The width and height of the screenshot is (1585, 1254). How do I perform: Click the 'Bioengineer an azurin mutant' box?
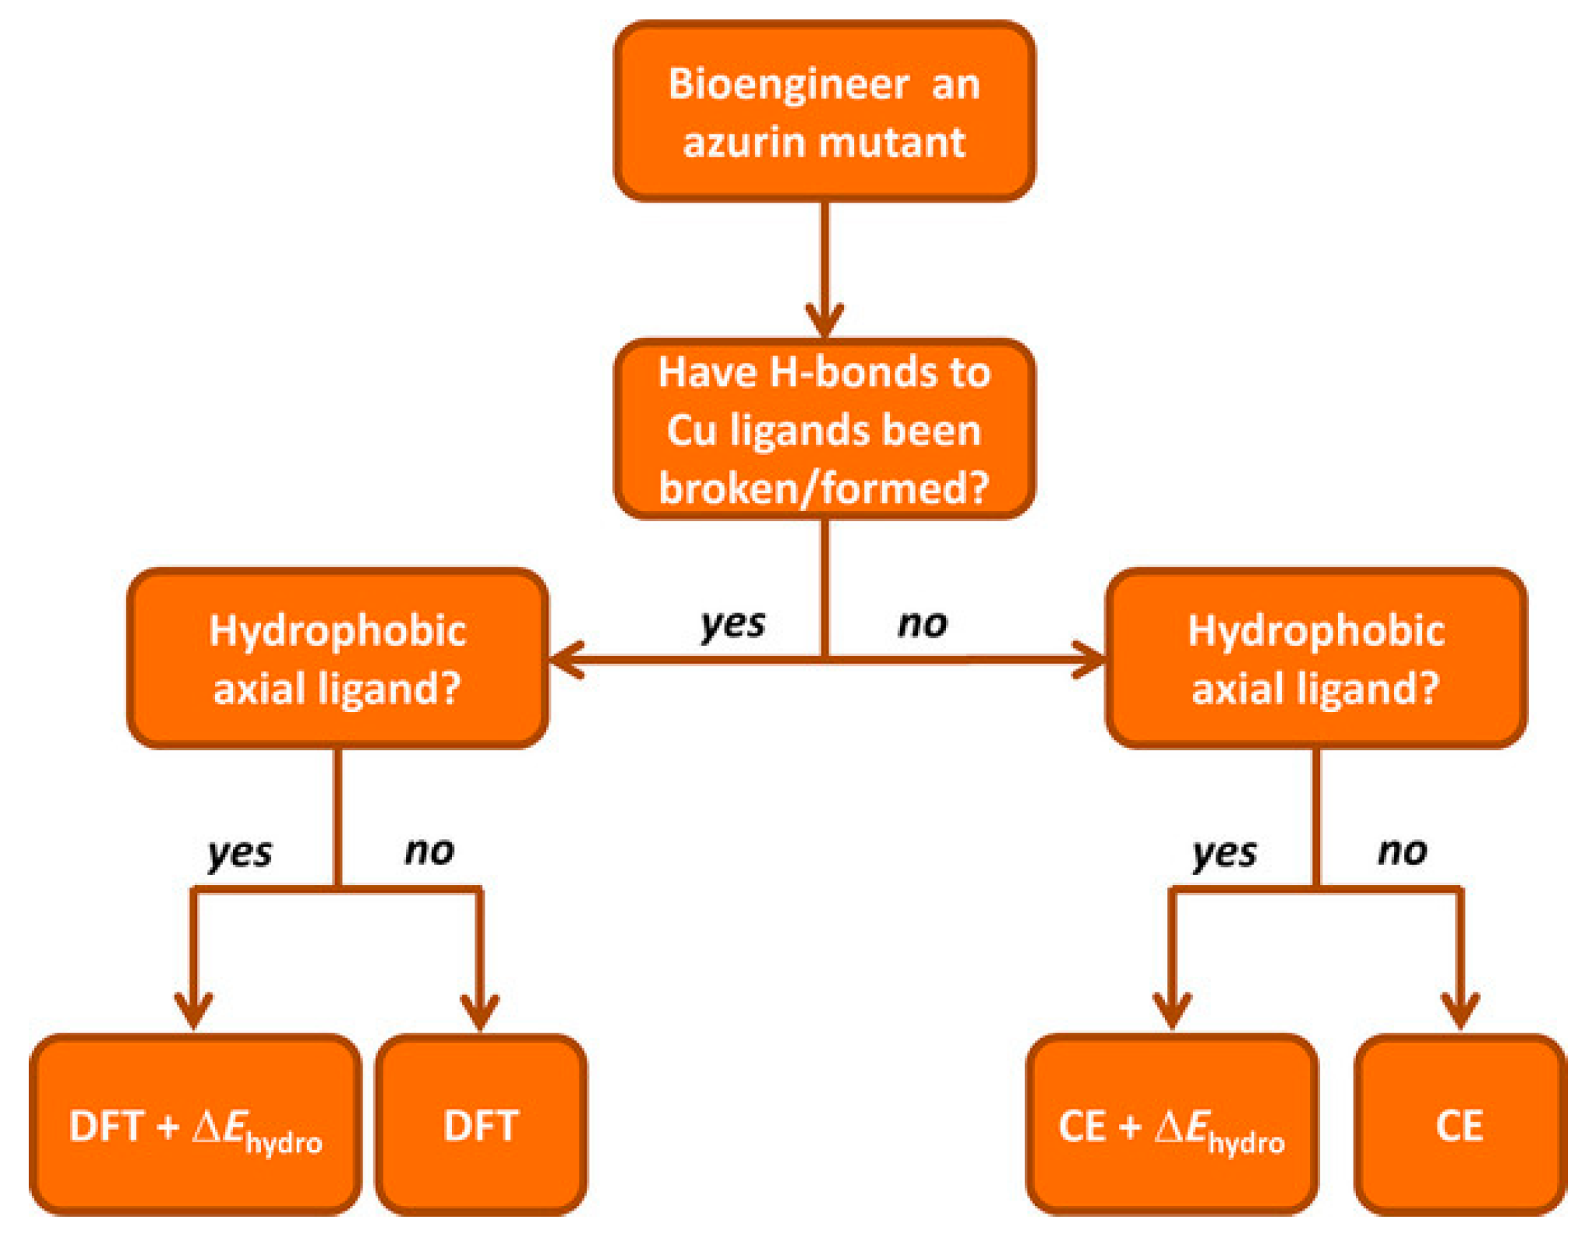824,111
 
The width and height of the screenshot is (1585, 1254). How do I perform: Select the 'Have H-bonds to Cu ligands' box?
824,429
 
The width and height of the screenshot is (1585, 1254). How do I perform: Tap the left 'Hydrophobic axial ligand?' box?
337,658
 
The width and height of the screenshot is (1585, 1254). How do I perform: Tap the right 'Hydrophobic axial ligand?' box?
1316,658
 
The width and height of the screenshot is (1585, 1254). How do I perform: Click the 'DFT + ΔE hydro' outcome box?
195,1125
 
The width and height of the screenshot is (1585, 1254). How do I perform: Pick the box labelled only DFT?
481,1125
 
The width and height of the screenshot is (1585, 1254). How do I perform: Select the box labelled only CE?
1459,1125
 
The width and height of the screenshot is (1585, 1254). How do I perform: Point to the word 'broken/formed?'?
824,488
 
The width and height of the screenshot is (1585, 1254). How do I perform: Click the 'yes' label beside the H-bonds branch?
732,624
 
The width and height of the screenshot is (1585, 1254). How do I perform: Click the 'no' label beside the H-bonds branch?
923,624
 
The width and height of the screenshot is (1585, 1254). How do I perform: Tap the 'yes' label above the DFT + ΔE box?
240,853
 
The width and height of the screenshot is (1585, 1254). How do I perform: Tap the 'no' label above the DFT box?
429,852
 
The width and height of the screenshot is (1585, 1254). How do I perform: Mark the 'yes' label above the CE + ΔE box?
1225,853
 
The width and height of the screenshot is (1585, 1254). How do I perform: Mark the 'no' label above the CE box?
1403,852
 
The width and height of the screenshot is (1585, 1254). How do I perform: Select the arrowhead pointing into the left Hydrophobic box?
565,660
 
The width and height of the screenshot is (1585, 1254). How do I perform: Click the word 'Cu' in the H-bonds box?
691,431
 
